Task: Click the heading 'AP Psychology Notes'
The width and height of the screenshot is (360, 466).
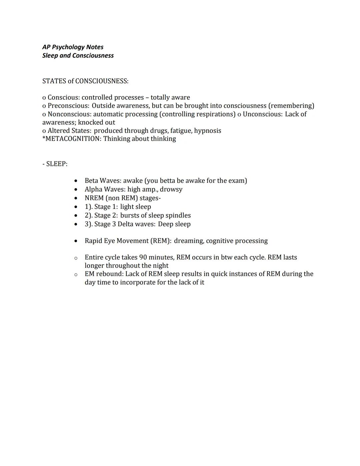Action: click(73, 47)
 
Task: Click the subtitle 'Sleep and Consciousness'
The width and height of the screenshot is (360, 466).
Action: click(78, 55)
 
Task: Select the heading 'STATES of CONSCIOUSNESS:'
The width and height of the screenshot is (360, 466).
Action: click(85, 81)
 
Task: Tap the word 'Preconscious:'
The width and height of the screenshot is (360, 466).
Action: click(68, 106)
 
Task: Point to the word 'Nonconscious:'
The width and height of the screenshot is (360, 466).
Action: click(69, 114)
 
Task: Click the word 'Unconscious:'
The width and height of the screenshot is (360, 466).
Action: click(262, 114)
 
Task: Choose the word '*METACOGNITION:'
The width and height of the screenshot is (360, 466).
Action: click(72, 139)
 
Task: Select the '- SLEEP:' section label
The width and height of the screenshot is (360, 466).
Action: click(55, 164)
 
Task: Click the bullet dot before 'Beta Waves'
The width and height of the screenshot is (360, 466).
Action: click(76, 181)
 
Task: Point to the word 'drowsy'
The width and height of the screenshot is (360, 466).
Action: click(171, 189)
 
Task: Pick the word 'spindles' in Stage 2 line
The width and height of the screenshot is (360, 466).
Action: click(178, 215)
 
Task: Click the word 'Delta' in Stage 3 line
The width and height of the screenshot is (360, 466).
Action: click(125, 224)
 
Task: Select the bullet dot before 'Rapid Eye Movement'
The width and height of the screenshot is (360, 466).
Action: click(76, 241)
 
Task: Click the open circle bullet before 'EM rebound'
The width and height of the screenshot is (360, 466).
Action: click(76, 275)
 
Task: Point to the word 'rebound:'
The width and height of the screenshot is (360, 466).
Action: click(109, 274)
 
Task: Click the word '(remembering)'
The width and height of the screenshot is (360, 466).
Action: click(291, 106)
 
